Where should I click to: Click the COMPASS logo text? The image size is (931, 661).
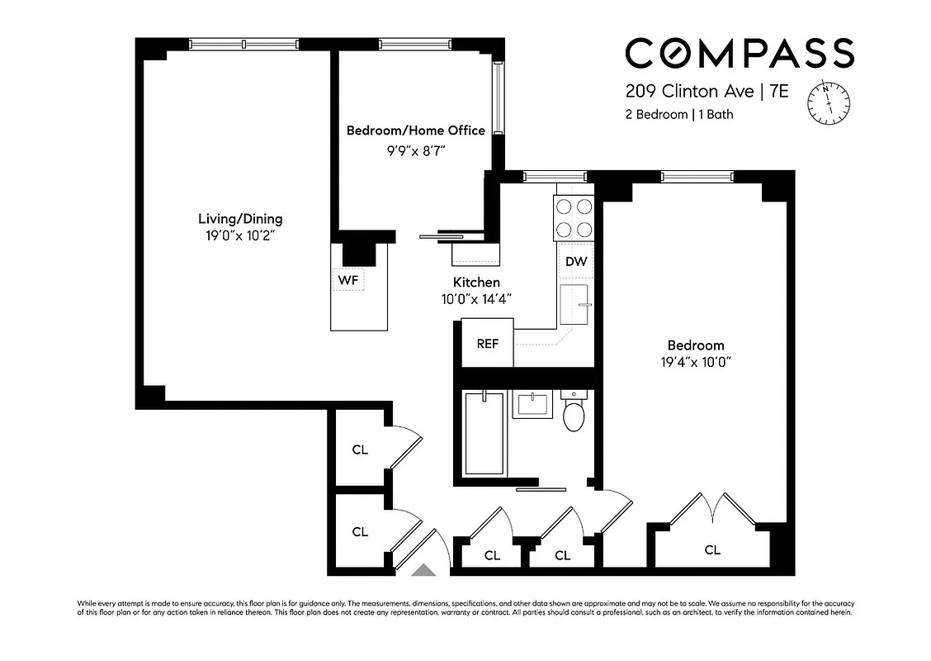[x=739, y=53]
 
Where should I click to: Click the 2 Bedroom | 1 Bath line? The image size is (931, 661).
[x=678, y=115]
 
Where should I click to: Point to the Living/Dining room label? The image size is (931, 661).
[x=240, y=219]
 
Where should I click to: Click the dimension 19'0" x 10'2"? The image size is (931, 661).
[x=240, y=235]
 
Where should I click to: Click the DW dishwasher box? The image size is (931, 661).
[x=576, y=262]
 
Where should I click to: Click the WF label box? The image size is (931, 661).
[x=348, y=280]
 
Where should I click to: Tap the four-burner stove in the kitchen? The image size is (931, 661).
[x=574, y=218]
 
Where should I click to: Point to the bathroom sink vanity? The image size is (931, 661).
[x=532, y=406]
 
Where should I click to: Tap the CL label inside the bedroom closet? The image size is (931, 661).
[x=712, y=549]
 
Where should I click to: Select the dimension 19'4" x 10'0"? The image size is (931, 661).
[x=696, y=362]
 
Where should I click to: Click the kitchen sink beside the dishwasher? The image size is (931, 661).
[x=575, y=303]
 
